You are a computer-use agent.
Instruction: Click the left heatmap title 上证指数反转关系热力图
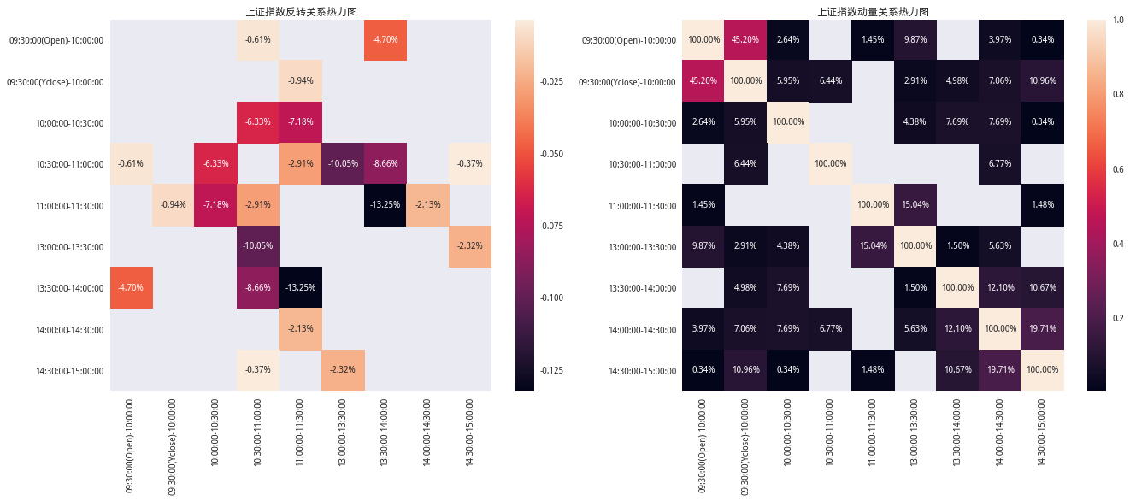pyautogui.click(x=301, y=11)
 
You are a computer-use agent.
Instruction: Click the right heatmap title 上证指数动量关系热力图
pyautogui.click(x=873, y=11)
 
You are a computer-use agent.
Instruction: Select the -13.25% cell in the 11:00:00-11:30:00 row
pyautogui.click(x=385, y=205)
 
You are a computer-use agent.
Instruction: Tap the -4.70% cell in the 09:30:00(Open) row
pyautogui.click(x=385, y=39)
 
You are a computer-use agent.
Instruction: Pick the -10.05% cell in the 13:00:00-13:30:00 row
pyautogui.click(x=258, y=246)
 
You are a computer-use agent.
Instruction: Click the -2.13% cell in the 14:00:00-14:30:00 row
pyautogui.click(x=301, y=329)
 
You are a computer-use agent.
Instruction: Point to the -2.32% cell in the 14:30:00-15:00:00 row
pyautogui.click(x=343, y=370)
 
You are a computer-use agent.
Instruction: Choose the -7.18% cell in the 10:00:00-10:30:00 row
pyautogui.click(x=301, y=122)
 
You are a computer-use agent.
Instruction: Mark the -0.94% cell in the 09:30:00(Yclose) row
pyautogui.click(x=301, y=81)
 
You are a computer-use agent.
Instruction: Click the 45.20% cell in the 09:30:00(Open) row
pyautogui.click(x=745, y=39)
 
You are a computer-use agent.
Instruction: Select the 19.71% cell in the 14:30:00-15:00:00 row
pyautogui.click(x=1000, y=370)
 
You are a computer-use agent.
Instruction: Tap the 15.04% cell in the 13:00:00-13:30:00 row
pyautogui.click(x=873, y=246)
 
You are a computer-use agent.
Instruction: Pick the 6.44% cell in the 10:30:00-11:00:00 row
pyautogui.click(x=745, y=163)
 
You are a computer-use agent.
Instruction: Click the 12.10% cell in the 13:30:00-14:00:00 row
pyautogui.click(x=1000, y=287)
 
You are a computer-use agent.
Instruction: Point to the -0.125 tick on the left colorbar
pyautogui.click(x=551, y=370)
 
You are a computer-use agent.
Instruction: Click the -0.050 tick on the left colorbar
pyautogui.click(x=551, y=154)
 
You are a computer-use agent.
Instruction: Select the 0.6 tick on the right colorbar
pyautogui.click(x=1115, y=169)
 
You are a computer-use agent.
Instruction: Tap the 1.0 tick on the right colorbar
pyautogui.click(x=1115, y=20)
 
